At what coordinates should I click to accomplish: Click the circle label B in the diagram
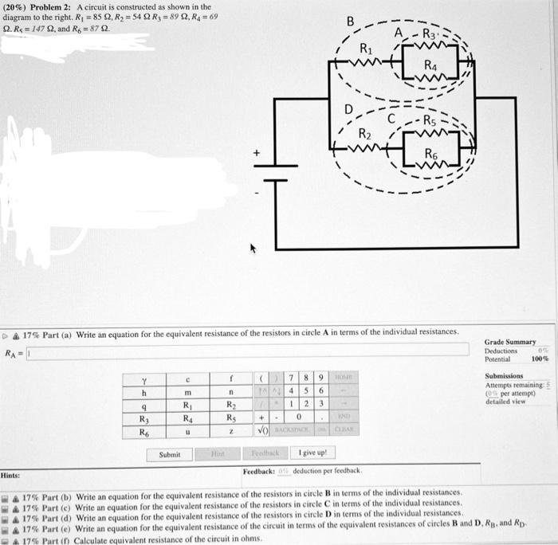click(348, 21)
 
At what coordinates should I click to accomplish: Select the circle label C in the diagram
click(391, 119)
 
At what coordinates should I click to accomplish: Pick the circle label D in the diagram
click(348, 108)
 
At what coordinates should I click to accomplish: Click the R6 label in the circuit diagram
click(431, 152)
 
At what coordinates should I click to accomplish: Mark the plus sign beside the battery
click(257, 152)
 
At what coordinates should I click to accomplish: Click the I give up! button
click(312, 453)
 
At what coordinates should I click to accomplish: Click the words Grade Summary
click(510, 342)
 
